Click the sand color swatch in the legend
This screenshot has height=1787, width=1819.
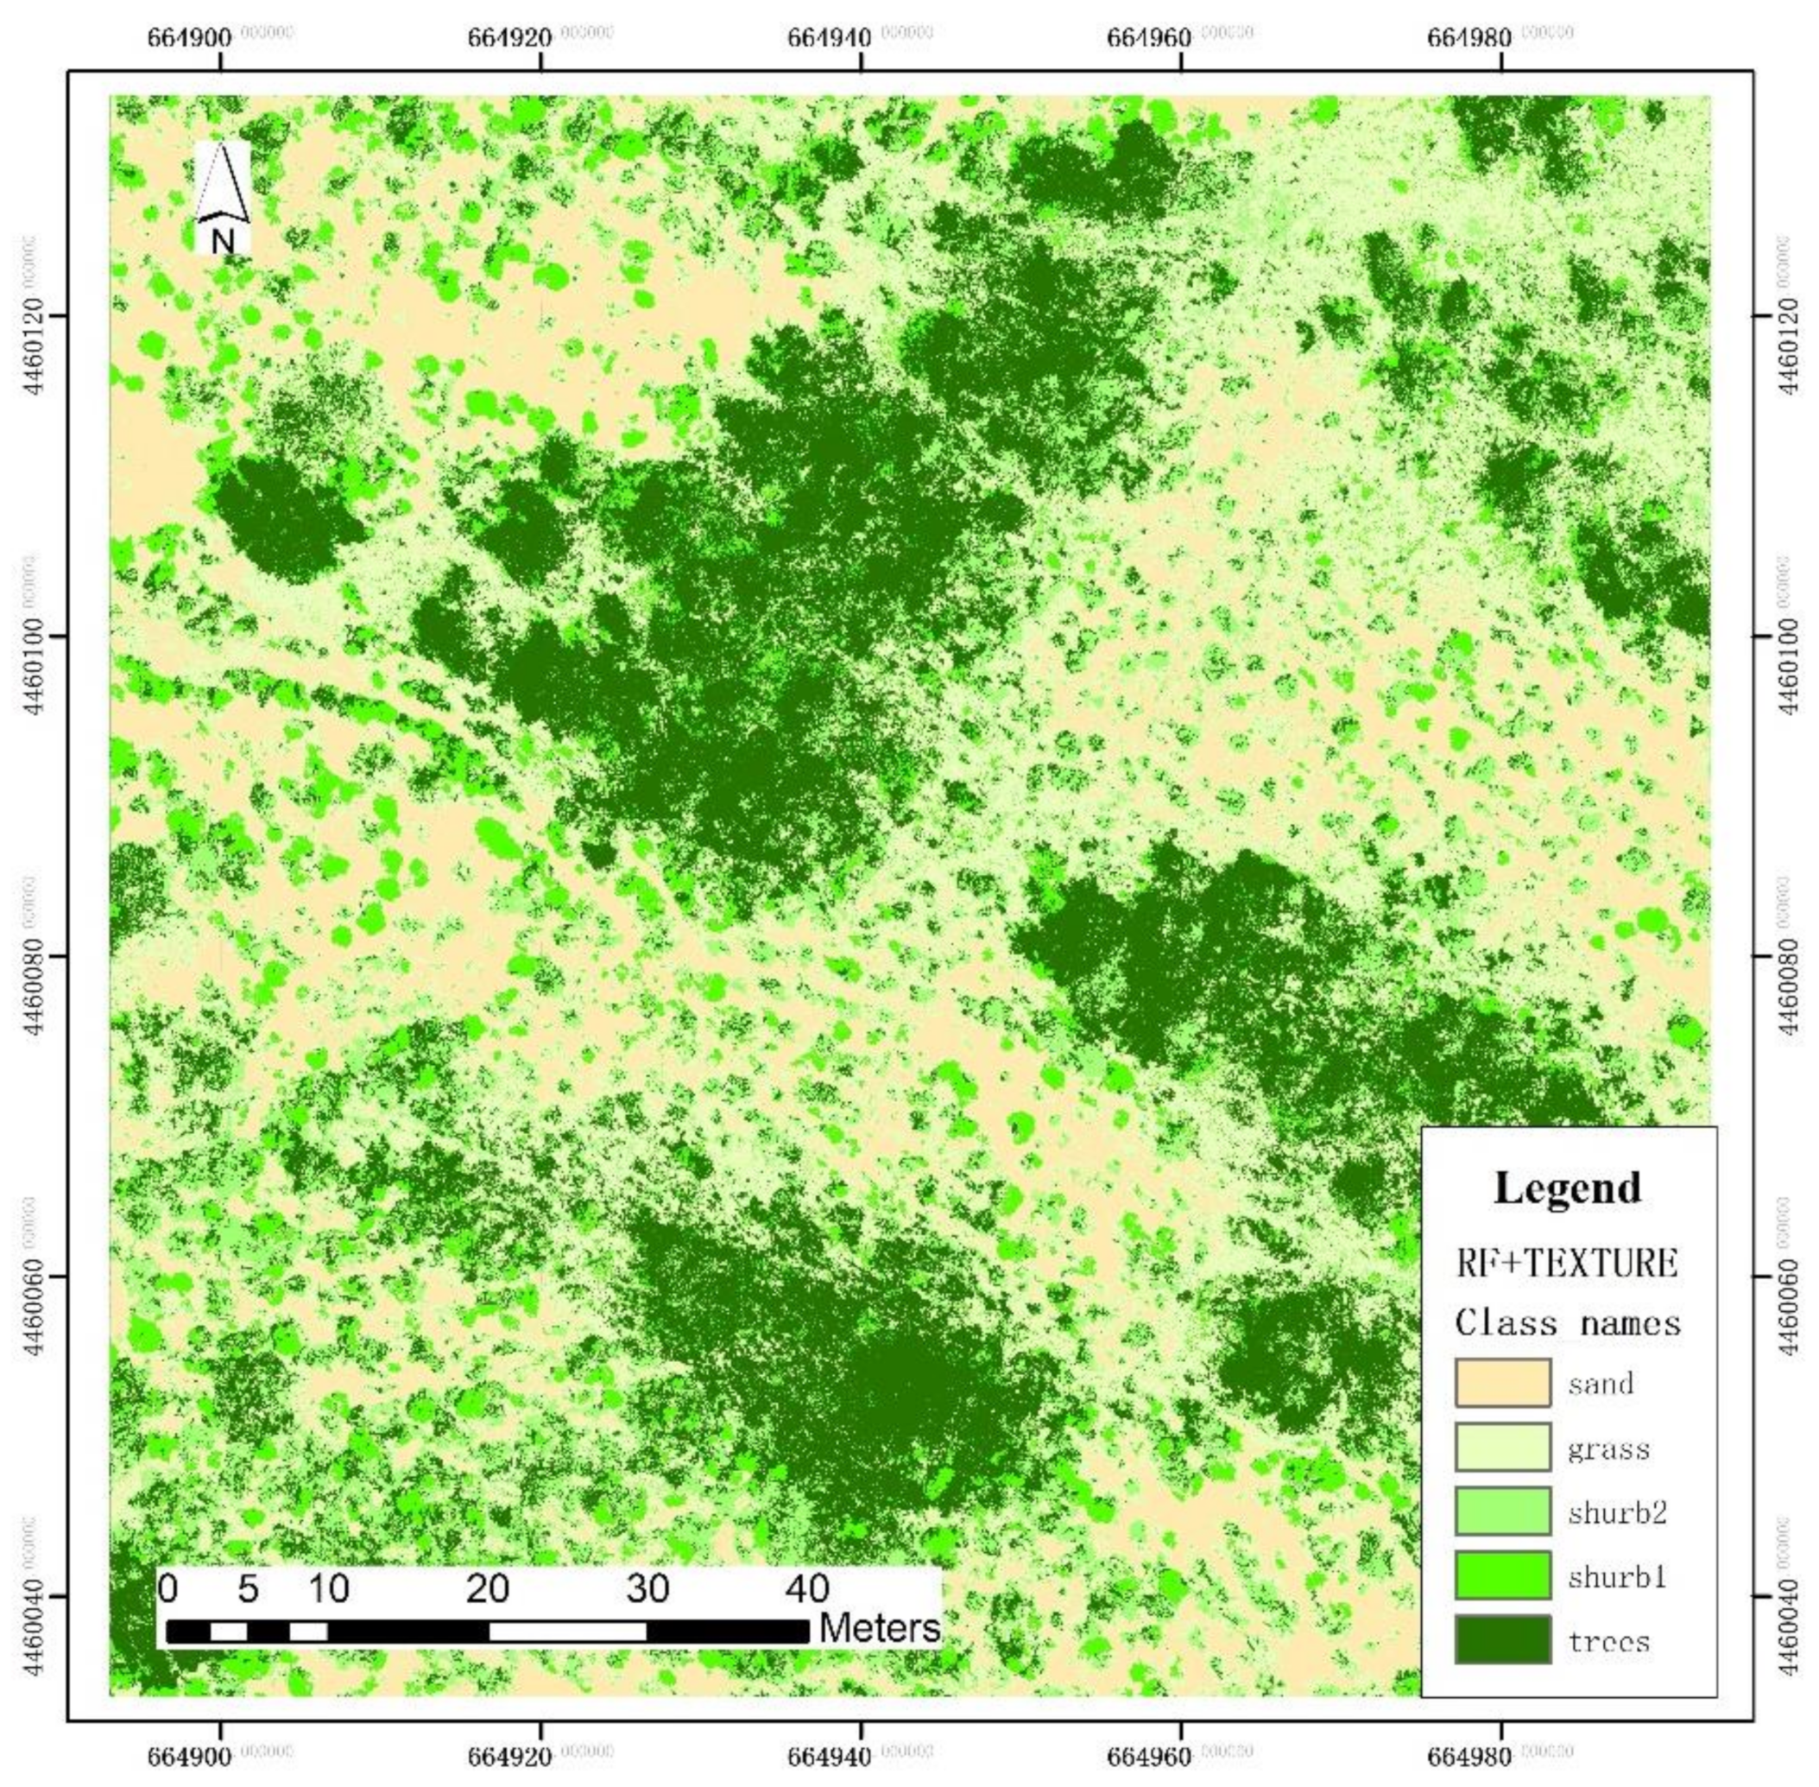(x=1501, y=1383)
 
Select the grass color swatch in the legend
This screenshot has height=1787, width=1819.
(x=1501, y=1448)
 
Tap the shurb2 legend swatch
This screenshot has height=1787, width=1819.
(x=1501, y=1511)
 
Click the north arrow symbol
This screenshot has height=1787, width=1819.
(x=223, y=183)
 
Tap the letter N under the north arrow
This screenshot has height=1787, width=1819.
(x=223, y=241)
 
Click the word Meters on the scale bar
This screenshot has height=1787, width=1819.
(x=878, y=1628)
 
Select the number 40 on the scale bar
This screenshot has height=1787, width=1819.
(x=807, y=1589)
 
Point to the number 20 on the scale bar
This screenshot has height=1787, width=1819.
(x=488, y=1589)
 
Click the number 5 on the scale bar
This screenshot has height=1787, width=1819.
(x=248, y=1589)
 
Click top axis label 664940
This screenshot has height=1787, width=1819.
(x=830, y=37)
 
